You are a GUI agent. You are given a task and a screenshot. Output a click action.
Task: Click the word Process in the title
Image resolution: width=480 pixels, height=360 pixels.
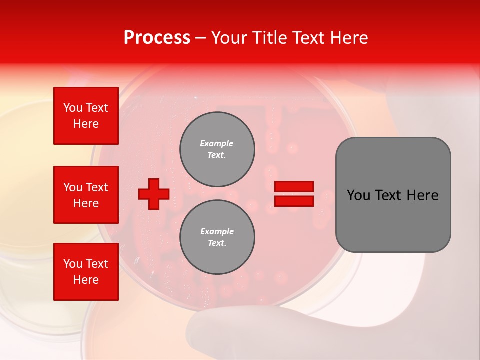(157, 38)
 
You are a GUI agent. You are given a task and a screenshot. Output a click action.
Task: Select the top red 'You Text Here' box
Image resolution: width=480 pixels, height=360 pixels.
(86, 116)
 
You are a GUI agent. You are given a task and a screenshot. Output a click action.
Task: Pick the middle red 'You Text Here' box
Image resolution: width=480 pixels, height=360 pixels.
(86, 195)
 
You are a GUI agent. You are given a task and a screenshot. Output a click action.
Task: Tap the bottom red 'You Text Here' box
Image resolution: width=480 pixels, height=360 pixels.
(86, 272)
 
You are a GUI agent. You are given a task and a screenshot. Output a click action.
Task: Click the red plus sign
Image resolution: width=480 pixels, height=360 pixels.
(154, 194)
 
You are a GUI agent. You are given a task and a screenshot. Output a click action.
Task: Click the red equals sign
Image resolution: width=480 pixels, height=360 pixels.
(294, 194)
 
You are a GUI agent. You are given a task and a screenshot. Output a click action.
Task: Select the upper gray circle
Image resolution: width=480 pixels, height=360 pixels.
(217, 149)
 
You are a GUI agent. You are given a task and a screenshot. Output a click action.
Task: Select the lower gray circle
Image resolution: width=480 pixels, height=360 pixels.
(217, 237)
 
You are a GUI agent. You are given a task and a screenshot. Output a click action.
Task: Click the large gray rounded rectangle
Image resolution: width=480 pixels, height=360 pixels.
(393, 195)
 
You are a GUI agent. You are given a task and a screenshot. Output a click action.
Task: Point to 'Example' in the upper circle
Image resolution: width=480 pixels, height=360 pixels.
(217, 143)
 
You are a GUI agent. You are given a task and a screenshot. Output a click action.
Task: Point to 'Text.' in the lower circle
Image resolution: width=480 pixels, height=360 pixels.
(217, 243)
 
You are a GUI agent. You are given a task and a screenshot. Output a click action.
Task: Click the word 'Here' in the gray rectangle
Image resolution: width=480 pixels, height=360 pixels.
(423, 195)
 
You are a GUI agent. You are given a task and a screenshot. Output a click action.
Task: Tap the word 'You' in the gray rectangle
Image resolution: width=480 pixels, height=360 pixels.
(358, 195)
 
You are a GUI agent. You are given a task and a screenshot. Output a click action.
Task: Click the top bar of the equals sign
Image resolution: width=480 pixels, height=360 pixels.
(294, 187)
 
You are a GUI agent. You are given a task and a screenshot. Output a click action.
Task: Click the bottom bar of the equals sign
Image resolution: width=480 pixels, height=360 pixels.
(294, 201)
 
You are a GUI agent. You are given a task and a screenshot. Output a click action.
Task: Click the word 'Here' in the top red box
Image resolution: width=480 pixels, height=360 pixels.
(86, 124)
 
